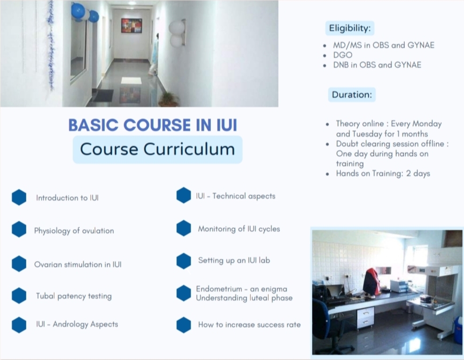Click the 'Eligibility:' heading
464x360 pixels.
[x=350, y=28]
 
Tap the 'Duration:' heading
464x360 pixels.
[x=352, y=95]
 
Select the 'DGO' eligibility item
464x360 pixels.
[x=343, y=55]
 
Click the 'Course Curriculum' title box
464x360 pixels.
[x=157, y=149]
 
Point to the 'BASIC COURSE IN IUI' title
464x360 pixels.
[x=153, y=125]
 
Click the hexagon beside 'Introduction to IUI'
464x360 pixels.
[x=19, y=197]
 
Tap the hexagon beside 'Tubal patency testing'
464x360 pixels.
[x=19, y=296]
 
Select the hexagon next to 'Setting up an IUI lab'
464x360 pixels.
[x=184, y=261]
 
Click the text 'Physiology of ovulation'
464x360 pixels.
[x=74, y=231]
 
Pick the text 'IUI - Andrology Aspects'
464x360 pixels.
[x=77, y=324]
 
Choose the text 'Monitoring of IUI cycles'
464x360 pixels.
[x=239, y=229]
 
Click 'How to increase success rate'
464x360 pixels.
[x=249, y=325]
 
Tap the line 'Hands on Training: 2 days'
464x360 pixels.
[x=383, y=174]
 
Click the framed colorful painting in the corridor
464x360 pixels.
[x=131, y=26]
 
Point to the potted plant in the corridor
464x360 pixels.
[x=169, y=99]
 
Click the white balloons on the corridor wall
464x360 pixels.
[x=177, y=33]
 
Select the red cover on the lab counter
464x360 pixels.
[x=371, y=282]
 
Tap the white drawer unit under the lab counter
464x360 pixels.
[x=366, y=317]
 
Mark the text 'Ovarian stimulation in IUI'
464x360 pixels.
[x=78, y=264]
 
